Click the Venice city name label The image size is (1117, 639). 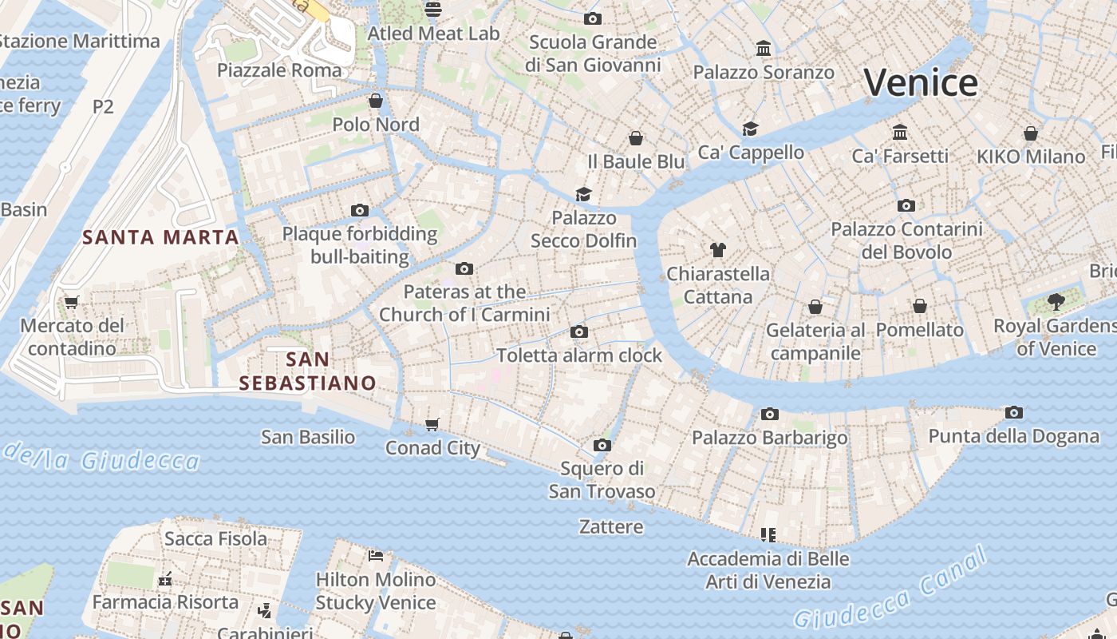(x=921, y=83)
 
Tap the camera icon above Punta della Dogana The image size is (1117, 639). (x=1014, y=413)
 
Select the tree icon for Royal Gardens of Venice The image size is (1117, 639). (x=1056, y=302)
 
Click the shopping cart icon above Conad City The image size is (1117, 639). (x=432, y=424)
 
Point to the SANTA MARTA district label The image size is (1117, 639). (x=161, y=237)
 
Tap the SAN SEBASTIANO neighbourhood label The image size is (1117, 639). (x=308, y=371)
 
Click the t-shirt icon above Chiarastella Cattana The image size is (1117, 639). (x=718, y=250)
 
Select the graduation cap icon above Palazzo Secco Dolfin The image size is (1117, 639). (x=584, y=194)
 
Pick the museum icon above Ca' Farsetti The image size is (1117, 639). (x=900, y=132)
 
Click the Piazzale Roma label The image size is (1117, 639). (x=279, y=70)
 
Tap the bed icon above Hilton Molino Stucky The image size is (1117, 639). (x=376, y=555)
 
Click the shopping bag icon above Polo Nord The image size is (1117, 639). (x=376, y=101)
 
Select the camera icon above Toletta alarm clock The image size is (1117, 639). (x=579, y=331)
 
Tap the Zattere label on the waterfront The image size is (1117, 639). (x=611, y=527)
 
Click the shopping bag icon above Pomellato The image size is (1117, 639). (x=920, y=306)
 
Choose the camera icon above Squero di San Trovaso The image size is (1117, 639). (x=602, y=445)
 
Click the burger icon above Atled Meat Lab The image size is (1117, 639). (x=433, y=10)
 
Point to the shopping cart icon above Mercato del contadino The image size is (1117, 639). (x=72, y=302)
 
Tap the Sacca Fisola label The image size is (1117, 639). (x=215, y=538)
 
